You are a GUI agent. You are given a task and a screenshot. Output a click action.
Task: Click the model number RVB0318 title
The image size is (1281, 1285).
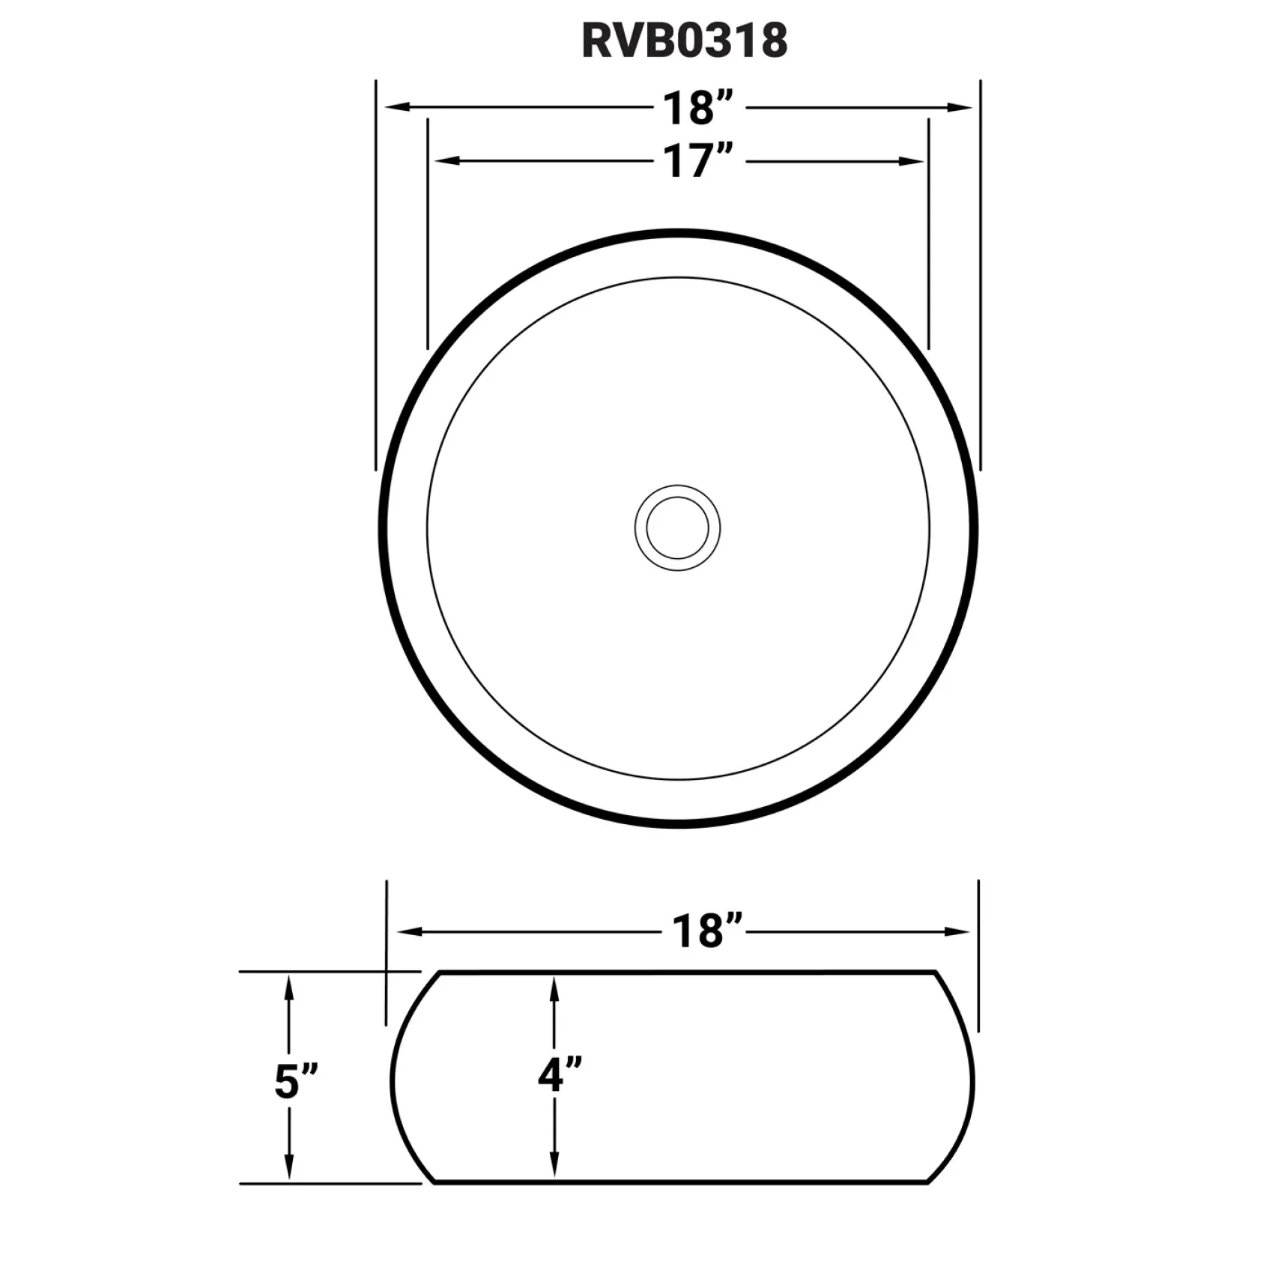pos(684,40)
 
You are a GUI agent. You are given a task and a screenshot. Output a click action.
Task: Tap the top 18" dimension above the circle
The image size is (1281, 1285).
pos(697,108)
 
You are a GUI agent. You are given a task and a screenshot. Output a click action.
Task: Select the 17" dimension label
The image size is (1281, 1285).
pos(697,161)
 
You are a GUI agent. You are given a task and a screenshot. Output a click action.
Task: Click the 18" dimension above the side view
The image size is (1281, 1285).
pos(706,931)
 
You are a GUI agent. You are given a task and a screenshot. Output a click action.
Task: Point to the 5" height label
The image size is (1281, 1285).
pos(296,1081)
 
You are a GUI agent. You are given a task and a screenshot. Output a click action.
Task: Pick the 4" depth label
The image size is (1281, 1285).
pos(560,1075)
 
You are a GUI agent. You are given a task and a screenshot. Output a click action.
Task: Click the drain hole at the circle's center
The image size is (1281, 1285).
pos(677,527)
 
